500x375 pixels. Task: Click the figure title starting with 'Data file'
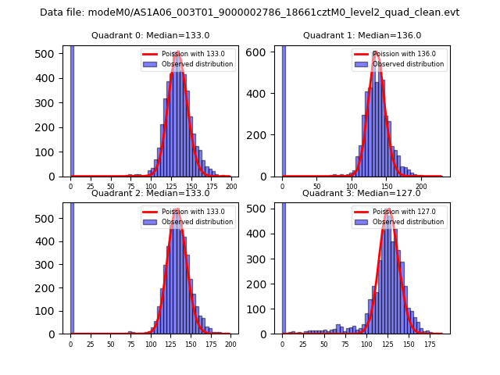(x=249, y=12)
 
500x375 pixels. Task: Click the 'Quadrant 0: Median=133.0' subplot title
(x=150, y=35)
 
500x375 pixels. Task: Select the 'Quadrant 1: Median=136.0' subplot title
(x=362, y=35)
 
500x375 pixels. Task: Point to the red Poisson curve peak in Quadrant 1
(x=377, y=52)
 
